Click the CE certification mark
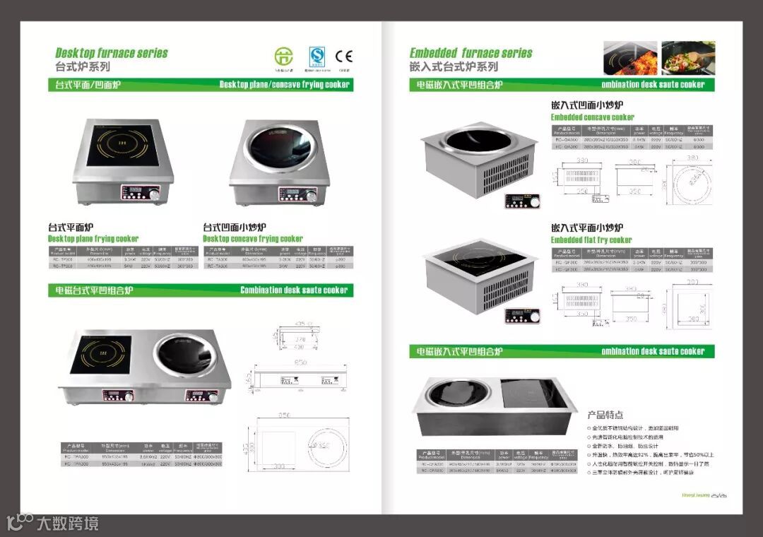point(343,56)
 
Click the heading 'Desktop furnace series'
point(112,53)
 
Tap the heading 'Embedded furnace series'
point(471,53)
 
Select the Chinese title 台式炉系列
point(83,67)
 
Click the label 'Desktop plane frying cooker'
point(93,239)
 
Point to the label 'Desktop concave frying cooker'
point(252,239)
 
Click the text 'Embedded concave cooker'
point(592,117)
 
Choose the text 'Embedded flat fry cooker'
point(591,240)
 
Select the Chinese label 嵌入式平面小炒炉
point(586,228)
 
